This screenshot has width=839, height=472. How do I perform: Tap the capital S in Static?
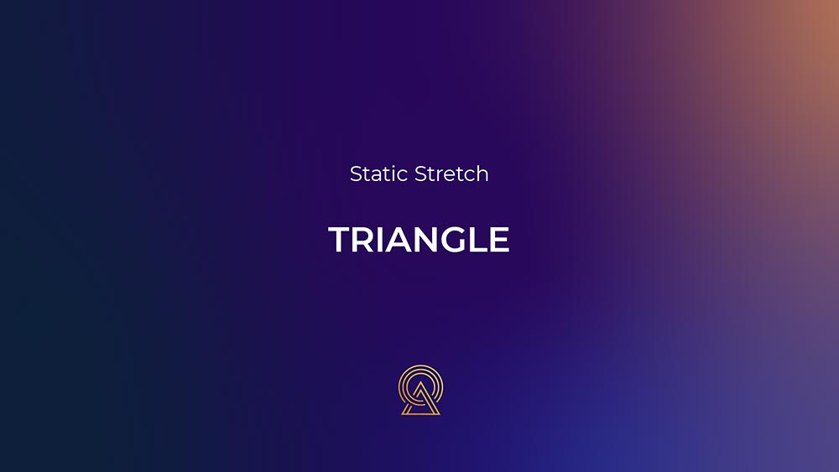coord(356,174)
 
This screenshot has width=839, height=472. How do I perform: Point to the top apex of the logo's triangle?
coord(420,382)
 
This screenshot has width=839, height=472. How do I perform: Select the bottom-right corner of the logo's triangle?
coord(440,414)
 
